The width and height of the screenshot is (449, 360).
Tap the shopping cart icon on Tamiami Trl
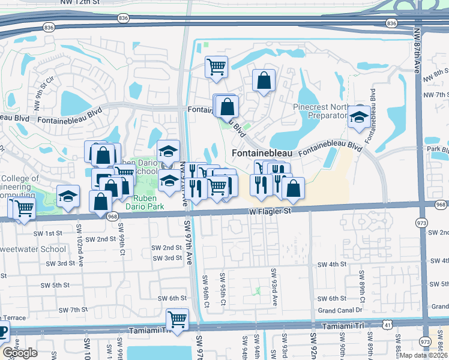click(x=178, y=319)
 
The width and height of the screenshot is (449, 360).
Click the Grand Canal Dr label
click(x=340, y=310)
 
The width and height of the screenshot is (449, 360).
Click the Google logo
click(x=20, y=353)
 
